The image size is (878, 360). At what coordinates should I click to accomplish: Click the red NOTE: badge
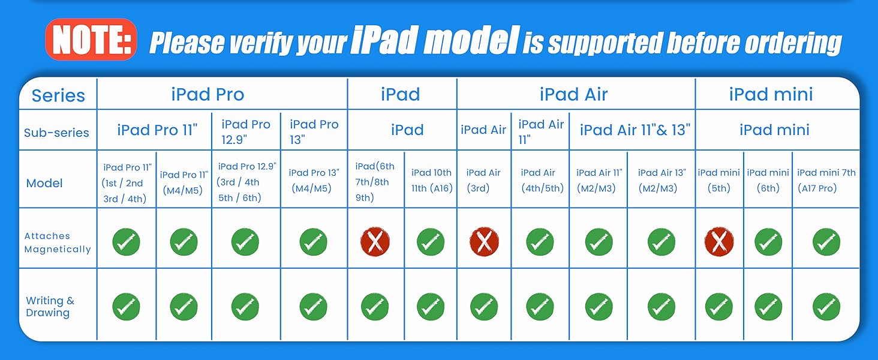click(x=91, y=40)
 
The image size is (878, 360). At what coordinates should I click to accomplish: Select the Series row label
click(x=58, y=95)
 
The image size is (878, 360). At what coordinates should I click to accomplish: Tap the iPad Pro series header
click(x=208, y=94)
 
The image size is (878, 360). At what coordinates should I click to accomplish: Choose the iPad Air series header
click(x=573, y=94)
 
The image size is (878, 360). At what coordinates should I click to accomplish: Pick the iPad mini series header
click(x=771, y=94)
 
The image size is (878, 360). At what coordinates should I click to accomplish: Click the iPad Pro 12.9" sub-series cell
click(x=246, y=131)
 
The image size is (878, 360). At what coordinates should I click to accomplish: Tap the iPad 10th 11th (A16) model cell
click(x=431, y=180)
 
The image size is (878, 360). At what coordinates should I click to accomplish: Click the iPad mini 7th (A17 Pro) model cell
click(x=826, y=180)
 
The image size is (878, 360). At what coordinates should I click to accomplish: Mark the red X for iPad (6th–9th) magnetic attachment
click(x=375, y=242)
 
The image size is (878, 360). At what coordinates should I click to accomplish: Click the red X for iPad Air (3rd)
click(x=484, y=242)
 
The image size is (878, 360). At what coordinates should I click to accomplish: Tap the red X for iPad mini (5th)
click(x=719, y=242)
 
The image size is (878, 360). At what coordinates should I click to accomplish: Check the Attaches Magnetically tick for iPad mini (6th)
click(x=768, y=242)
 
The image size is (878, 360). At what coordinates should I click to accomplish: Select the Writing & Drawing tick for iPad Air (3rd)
click(x=484, y=306)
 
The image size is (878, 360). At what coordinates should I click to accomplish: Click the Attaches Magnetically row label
click(x=58, y=242)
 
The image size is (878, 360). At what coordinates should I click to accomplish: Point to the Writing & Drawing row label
click(x=50, y=307)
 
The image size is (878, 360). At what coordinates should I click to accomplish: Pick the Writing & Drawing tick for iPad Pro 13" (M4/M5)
click(x=313, y=306)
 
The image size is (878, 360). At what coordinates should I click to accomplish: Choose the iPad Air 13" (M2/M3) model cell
click(x=661, y=180)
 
